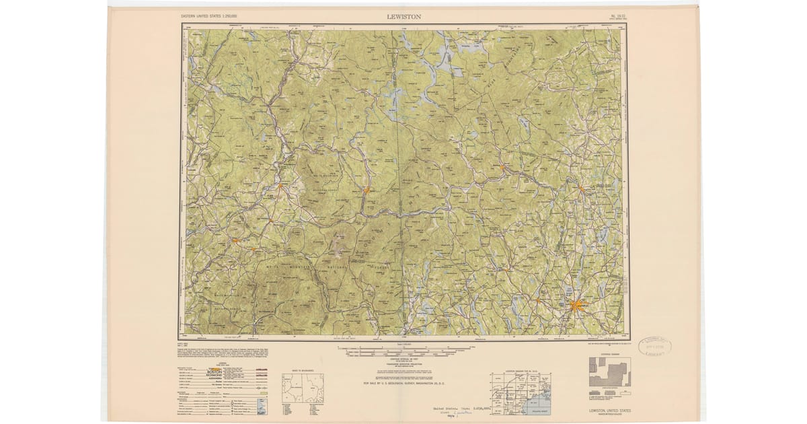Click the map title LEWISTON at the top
point(404,16)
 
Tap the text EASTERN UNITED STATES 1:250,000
point(213,15)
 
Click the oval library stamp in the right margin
point(654,347)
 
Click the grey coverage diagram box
point(610,372)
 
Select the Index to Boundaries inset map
point(302,388)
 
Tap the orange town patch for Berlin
point(367,190)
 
